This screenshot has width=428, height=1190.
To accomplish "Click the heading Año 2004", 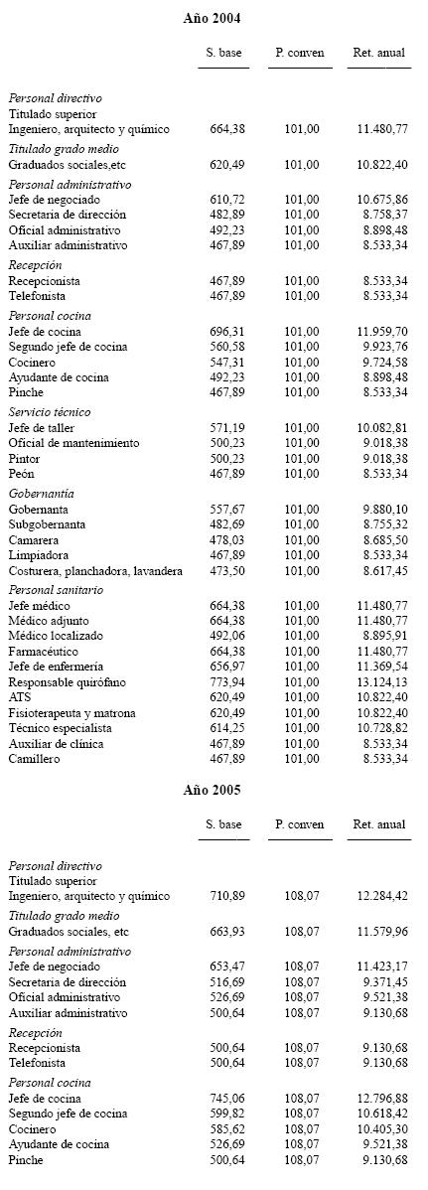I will pos(214,18).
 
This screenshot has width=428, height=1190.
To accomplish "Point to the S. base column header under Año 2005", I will pos(223,824).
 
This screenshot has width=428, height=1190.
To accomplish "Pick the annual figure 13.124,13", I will pos(381,682).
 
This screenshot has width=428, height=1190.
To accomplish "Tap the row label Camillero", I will pos(35,759).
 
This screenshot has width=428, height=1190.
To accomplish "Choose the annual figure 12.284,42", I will pos(381,896).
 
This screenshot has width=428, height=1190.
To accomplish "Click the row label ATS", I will pos(20,697).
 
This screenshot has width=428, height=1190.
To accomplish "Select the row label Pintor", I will pos(25,459).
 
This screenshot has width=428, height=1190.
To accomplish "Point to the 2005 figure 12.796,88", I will pos(381,1099).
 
